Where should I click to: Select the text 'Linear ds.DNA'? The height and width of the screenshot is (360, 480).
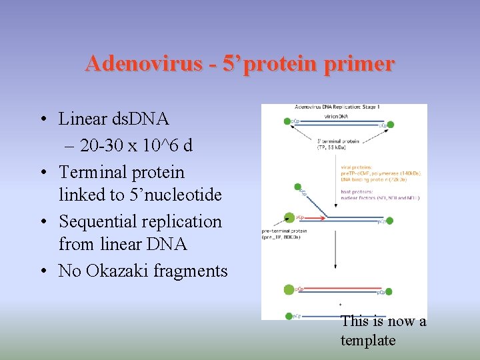[x=113, y=119]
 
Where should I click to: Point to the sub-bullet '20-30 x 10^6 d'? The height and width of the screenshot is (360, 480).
[x=133, y=145]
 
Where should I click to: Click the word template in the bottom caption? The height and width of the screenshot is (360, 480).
[x=367, y=340]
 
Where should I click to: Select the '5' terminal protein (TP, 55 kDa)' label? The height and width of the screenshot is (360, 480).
[x=339, y=144]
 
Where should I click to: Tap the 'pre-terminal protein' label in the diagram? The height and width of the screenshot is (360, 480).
[x=285, y=234]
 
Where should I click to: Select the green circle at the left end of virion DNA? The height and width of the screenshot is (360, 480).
[x=287, y=122]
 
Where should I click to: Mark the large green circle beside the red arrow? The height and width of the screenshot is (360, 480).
[x=289, y=217]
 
